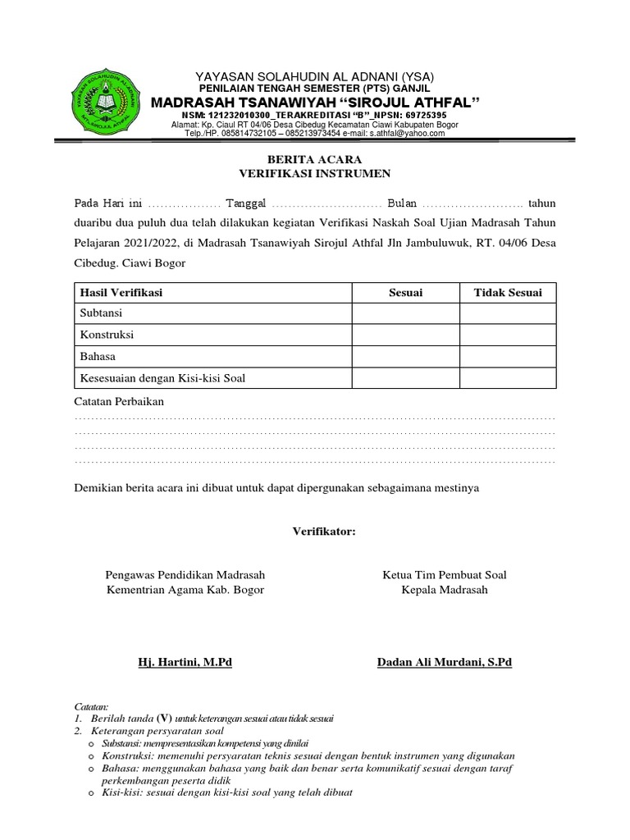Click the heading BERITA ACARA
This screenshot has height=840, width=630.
[315, 159]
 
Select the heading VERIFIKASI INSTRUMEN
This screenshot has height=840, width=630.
[315, 173]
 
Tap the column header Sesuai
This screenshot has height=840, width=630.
[405, 293]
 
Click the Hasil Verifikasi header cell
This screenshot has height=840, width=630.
[121, 293]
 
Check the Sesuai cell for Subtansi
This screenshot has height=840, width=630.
[405, 314]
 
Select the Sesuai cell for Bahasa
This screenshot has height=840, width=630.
[405, 357]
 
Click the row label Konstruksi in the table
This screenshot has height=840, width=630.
[106, 336]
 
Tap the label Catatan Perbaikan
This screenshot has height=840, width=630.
[119, 402]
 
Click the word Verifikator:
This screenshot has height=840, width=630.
[325, 532]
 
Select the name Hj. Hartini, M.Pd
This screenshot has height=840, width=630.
[185, 662]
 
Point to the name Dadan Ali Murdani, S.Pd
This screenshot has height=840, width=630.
[444, 662]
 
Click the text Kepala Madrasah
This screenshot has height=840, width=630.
[445, 590]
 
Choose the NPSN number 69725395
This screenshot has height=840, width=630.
[420, 115]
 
